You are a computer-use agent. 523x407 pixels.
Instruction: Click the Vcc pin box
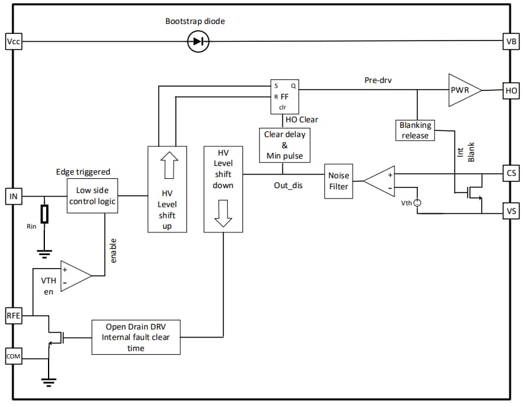pos(13,41)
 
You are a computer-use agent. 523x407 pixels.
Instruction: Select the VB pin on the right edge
pos(511,41)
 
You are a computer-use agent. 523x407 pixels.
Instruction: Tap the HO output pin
pos(511,90)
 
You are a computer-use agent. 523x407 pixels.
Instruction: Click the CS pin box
pos(511,173)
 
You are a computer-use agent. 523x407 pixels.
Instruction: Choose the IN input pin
pos(13,196)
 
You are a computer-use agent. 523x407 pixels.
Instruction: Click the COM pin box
pos(13,355)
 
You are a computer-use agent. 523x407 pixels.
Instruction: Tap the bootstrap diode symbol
pos(198,41)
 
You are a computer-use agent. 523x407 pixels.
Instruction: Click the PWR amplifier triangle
pos(463,90)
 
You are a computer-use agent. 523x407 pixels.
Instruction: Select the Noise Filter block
pos(339,181)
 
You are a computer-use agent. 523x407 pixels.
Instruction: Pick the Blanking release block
pos(415,130)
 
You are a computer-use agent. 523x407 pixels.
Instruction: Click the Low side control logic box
pos(92,196)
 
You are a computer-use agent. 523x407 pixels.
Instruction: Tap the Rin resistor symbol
pos(44,214)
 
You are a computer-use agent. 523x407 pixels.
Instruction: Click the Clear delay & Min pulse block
pos(284,145)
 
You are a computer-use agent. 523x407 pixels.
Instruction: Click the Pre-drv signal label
pos(378,80)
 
